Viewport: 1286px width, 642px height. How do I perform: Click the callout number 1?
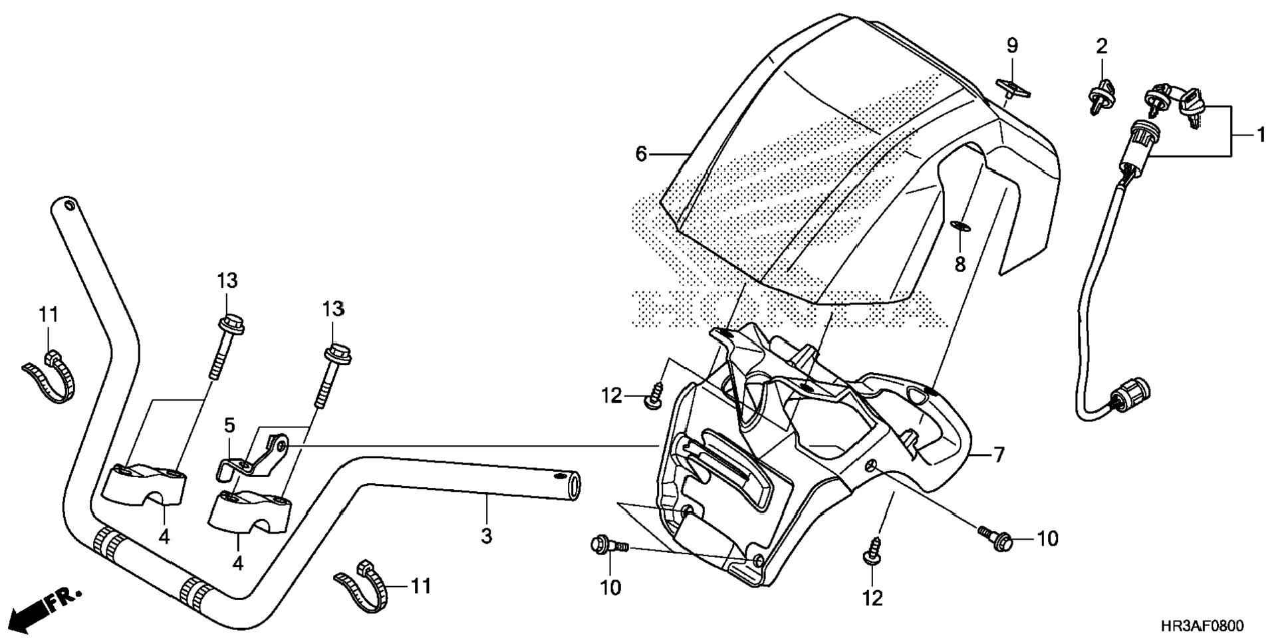(1261, 135)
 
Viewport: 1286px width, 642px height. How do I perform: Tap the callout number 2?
(1102, 47)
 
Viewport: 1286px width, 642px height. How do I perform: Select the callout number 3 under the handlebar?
(486, 536)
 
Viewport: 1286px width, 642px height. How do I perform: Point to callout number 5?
(229, 425)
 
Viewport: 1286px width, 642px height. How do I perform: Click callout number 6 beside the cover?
(640, 154)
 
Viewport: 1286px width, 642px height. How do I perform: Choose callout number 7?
(998, 455)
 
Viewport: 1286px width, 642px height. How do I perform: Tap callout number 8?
(960, 265)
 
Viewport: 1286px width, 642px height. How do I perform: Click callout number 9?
(1011, 46)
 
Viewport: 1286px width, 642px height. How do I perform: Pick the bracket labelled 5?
(256, 457)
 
